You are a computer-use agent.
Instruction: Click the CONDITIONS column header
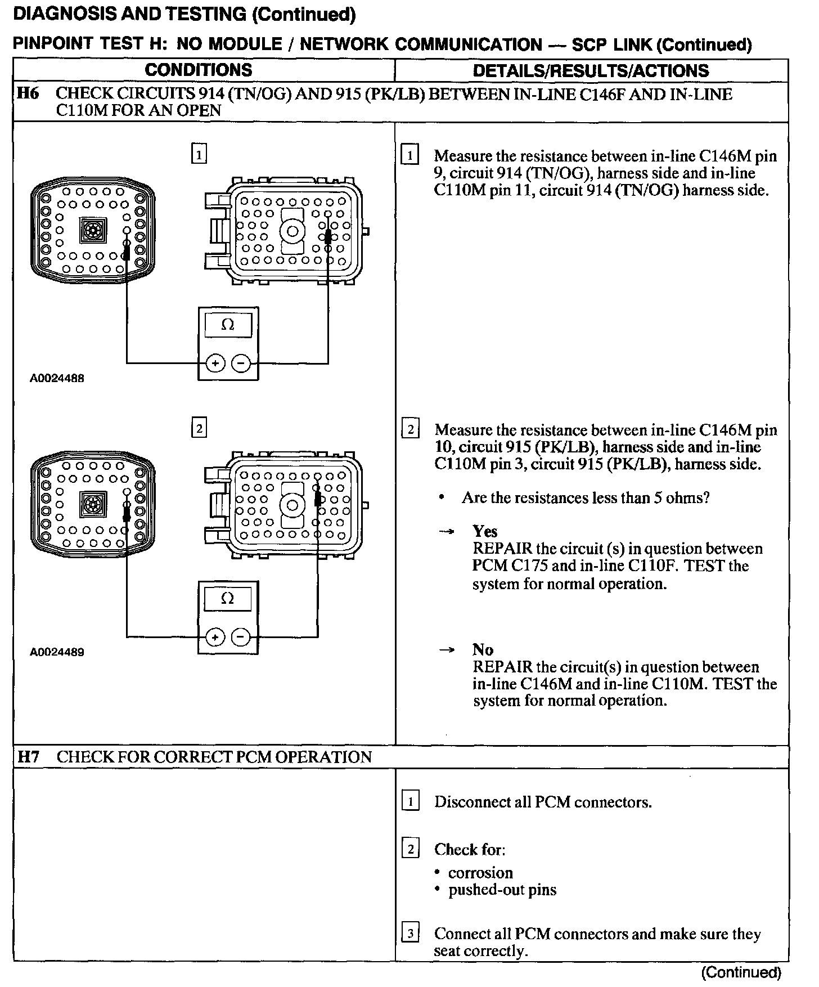(x=198, y=70)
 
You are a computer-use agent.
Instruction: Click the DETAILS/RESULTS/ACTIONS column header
(x=591, y=71)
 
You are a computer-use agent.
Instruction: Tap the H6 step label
(x=28, y=93)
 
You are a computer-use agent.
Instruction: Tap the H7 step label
(x=28, y=757)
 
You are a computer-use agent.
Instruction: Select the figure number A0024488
(x=57, y=379)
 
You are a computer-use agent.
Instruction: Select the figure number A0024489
(x=57, y=652)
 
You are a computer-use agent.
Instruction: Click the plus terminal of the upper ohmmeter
(x=215, y=364)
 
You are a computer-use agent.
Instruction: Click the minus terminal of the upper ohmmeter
(x=241, y=364)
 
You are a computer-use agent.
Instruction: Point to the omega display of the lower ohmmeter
(x=228, y=599)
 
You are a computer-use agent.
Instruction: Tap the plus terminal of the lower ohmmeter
(x=215, y=637)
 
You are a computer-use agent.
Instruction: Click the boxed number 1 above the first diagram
(x=199, y=154)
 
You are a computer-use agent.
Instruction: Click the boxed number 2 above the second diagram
(x=199, y=429)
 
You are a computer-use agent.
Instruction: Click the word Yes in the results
(x=485, y=531)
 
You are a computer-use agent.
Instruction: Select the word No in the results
(x=483, y=650)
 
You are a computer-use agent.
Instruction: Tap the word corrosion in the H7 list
(x=480, y=873)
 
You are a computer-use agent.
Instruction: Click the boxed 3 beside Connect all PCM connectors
(x=410, y=934)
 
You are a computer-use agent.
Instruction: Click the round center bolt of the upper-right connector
(x=292, y=231)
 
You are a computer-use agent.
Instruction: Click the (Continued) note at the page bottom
(x=741, y=972)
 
